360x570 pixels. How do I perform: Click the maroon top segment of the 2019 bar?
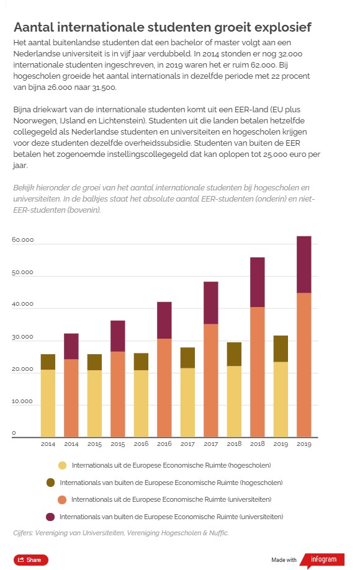click(x=304, y=265)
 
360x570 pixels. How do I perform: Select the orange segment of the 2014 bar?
click(x=71, y=398)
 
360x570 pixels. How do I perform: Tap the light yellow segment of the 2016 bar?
click(x=141, y=404)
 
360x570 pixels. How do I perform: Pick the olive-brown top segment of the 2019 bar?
click(x=281, y=349)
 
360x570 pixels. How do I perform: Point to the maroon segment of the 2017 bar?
click(x=210, y=303)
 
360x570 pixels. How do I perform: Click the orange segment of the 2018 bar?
click(x=257, y=372)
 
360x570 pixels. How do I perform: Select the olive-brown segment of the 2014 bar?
click(x=48, y=362)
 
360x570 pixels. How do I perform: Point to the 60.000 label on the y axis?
click(x=22, y=240)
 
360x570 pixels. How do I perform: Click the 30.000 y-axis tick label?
click(x=22, y=337)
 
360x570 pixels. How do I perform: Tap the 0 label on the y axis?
click(x=14, y=433)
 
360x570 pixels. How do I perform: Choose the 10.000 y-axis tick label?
click(x=22, y=401)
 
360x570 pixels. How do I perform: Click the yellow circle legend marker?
click(x=62, y=465)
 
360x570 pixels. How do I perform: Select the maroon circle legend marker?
click(x=50, y=517)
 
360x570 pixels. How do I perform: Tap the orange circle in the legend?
click(x=62, y=500)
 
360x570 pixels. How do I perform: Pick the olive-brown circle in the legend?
click(x=50, y=483)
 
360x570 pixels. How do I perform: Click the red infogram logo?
click(x=322, y=560)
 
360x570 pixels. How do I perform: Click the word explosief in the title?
click(x=282, y=28)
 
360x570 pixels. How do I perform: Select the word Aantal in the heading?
click(x=34, y=27)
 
